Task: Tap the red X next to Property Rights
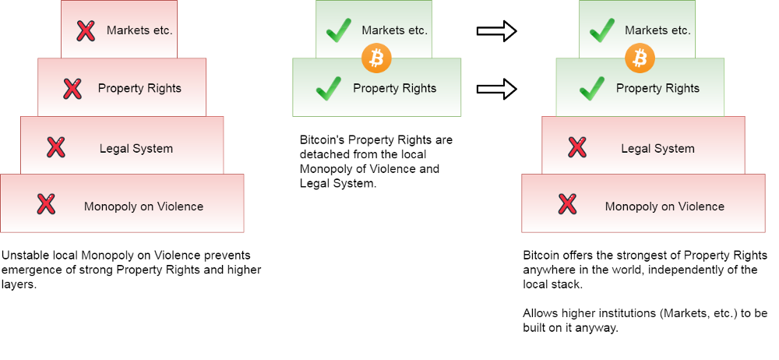pyautogui.click(x=72, y=89)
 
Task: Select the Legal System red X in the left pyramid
pyautogui.click(x=55, y=147)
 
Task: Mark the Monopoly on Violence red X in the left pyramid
pyautogui.click(x=46, y=205)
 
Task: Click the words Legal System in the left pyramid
pyautogui.click(x=136, y=148)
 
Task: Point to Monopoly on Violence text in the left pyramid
pyautogui.click(x=143, y=206)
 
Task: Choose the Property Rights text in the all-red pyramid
pyautogui.click(x=139, y=89)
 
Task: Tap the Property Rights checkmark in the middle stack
pyautogui.click(x=328, y=89)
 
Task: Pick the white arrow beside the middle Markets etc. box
pyautogui.click(x=496, y=31)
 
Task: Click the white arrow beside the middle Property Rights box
pyautogui.click(x=496, y=89)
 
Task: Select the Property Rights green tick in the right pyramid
pyautogui.click(x=592, y=89)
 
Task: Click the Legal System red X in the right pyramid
pyautogui.click(x=576, y=147)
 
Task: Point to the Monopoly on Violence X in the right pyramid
pyautogui.click(x=567, y=205)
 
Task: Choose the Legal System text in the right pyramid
pyautogui.click(x=657, y=148)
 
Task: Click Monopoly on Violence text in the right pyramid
pyautogui.click(x=664, y=206)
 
